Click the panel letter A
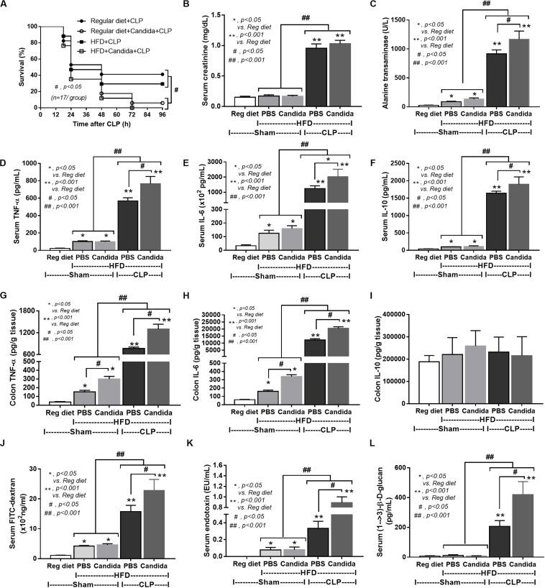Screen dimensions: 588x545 tap(6, 6)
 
